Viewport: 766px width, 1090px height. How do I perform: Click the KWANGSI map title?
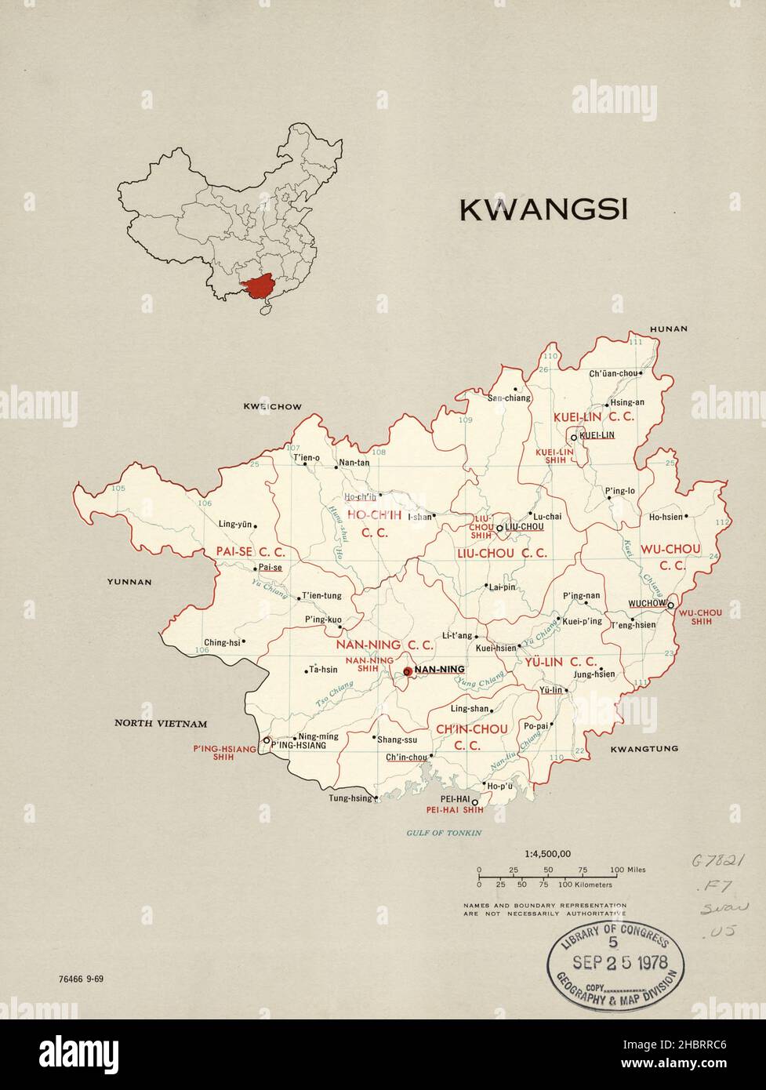(543, 210)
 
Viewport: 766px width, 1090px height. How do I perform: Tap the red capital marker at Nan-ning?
(407, 671)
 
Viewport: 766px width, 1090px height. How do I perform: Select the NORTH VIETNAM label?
(161, 724)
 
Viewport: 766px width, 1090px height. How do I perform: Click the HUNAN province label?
(667, 329)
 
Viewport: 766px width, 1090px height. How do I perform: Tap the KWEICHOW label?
(272, 406)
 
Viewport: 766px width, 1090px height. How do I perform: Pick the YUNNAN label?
(130, 582)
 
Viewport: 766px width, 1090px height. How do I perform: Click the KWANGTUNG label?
(644, 749)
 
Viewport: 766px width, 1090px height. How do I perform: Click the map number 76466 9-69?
(81, 979)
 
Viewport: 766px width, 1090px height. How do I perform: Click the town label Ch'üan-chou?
(613, 373)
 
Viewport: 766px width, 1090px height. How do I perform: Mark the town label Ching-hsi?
(222, 642)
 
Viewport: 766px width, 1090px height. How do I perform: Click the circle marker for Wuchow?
(670, 605)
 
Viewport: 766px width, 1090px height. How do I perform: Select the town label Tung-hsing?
(350, 799)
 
